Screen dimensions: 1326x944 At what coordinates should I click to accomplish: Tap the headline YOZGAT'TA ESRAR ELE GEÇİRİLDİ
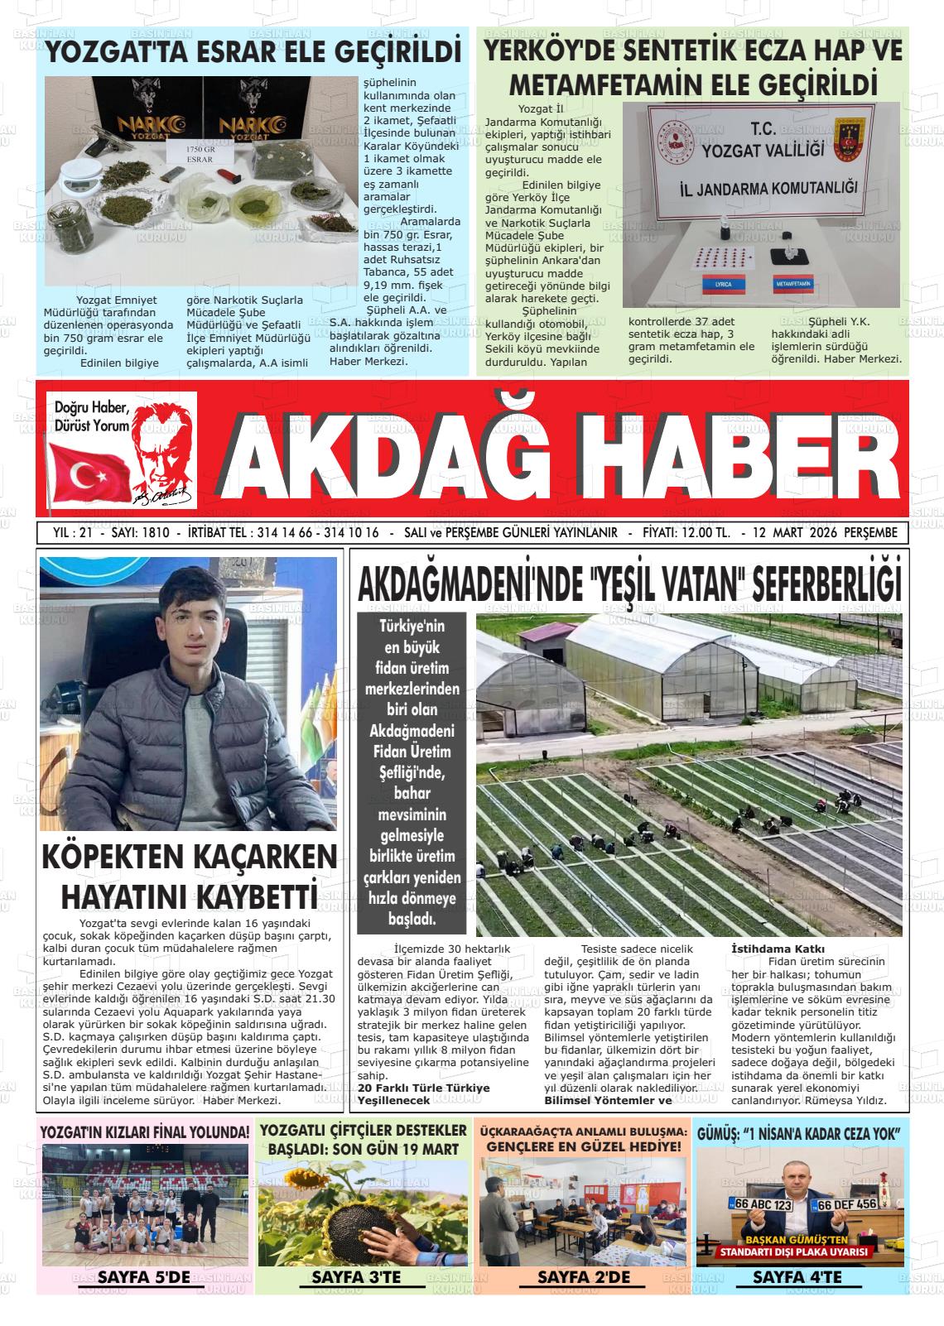point(253,52)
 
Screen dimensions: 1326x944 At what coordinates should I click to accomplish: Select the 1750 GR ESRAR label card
point(200,152)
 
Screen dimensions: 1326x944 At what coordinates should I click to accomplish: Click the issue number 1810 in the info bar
point(156,533)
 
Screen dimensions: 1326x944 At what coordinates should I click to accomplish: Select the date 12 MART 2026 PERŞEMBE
point(825,533)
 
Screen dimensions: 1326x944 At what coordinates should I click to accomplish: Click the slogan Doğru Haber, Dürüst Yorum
point(91,416)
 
